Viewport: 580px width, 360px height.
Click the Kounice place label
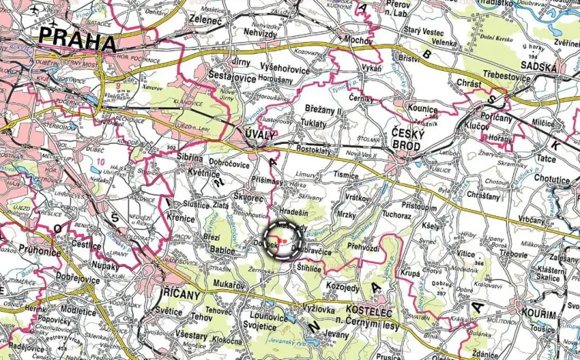[422, 109]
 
